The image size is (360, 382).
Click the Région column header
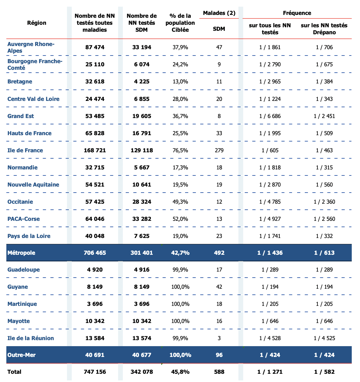[x=37, y=23]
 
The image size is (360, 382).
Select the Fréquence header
[x=297, y=13]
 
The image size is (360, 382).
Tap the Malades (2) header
[x=219, y=13]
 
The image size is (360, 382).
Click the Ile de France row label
[x=25, y=150]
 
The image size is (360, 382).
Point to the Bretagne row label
[x=20, y=82]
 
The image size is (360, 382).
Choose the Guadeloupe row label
[x=23, y=270]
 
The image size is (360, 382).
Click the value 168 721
[x=95, y=150]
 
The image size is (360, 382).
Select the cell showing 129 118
[x=142, y=150]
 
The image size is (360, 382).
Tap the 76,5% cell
[x=180, y=150]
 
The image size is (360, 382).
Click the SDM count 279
[x=219, y=150]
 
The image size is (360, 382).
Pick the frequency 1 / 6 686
[x=270, y=116]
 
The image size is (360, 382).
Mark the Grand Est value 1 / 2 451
[x=324, y=116]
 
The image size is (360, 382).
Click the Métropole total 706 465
[x=95, y=253]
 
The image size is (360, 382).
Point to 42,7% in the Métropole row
[x=180, y=253]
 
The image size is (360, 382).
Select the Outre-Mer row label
[x=21, y=355]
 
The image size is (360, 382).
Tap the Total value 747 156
[x=95, y=372]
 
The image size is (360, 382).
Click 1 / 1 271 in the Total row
[x=270, y=372]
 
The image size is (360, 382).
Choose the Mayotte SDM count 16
[x=219, y=321]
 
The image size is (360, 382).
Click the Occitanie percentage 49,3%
[x=180, y=202]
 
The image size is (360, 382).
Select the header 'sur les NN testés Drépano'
[x=324, y=29]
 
